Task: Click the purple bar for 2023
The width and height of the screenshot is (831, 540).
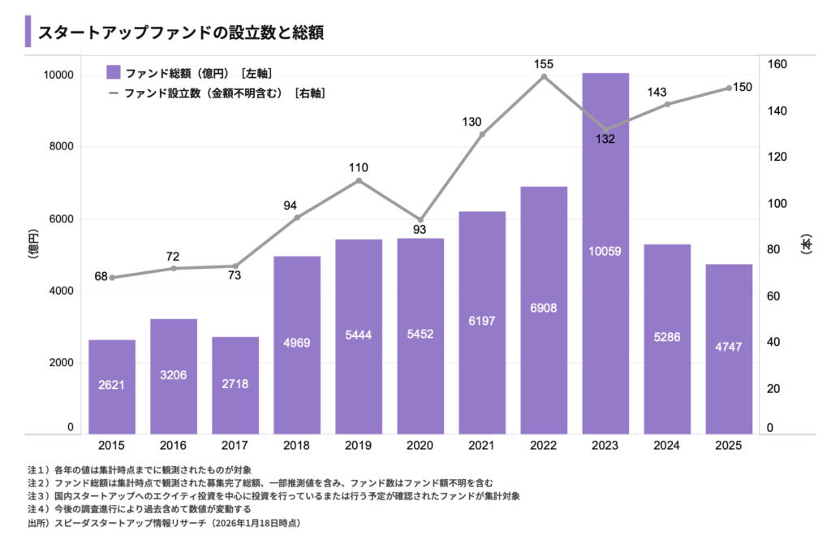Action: point(605,252)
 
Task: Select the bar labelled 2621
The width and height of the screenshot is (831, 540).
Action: point(111,387)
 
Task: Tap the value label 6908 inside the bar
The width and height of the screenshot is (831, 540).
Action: point(544,308)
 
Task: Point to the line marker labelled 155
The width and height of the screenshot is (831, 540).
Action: point(544,76)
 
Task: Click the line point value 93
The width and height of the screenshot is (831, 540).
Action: point(420,230)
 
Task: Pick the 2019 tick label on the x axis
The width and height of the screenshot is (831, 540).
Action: point(359,446)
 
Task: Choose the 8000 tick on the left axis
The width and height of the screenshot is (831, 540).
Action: point(59,147)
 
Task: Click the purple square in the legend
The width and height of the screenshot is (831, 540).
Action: point(114,72)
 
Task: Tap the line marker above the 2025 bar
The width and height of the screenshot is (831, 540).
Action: point(729,88)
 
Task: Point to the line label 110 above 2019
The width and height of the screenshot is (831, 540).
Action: point(359,168)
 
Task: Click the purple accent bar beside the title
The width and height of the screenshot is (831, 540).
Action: point(28,32)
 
